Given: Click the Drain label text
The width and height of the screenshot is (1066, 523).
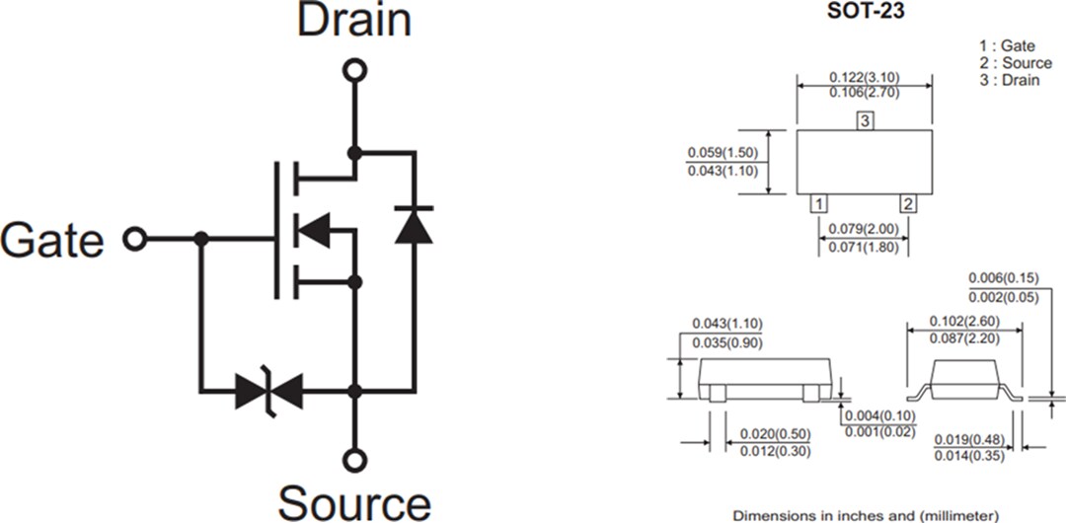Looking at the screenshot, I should coord(354,21).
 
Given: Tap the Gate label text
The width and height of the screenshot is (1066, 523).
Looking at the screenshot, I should coord(52,241).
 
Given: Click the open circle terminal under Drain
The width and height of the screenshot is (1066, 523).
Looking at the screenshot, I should coord(354,69).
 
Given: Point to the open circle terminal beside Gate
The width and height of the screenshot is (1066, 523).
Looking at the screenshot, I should coord(133,239).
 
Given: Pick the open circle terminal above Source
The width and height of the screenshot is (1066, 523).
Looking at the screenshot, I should coord(354,459).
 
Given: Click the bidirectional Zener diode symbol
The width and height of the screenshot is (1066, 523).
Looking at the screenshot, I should coord(269,392).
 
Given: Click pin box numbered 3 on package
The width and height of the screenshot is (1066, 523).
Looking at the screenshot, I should coord(865,121).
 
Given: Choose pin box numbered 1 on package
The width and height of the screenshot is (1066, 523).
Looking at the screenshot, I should coord(818,203).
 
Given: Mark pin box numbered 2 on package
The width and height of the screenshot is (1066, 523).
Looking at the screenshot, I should coord(908,203).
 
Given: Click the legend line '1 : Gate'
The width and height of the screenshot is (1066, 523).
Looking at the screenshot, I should coord(1007,45).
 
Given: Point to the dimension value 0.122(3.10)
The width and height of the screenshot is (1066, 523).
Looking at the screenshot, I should coord(865,77).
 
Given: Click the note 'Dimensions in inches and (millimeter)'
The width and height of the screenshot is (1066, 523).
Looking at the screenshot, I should coord(865,515).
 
